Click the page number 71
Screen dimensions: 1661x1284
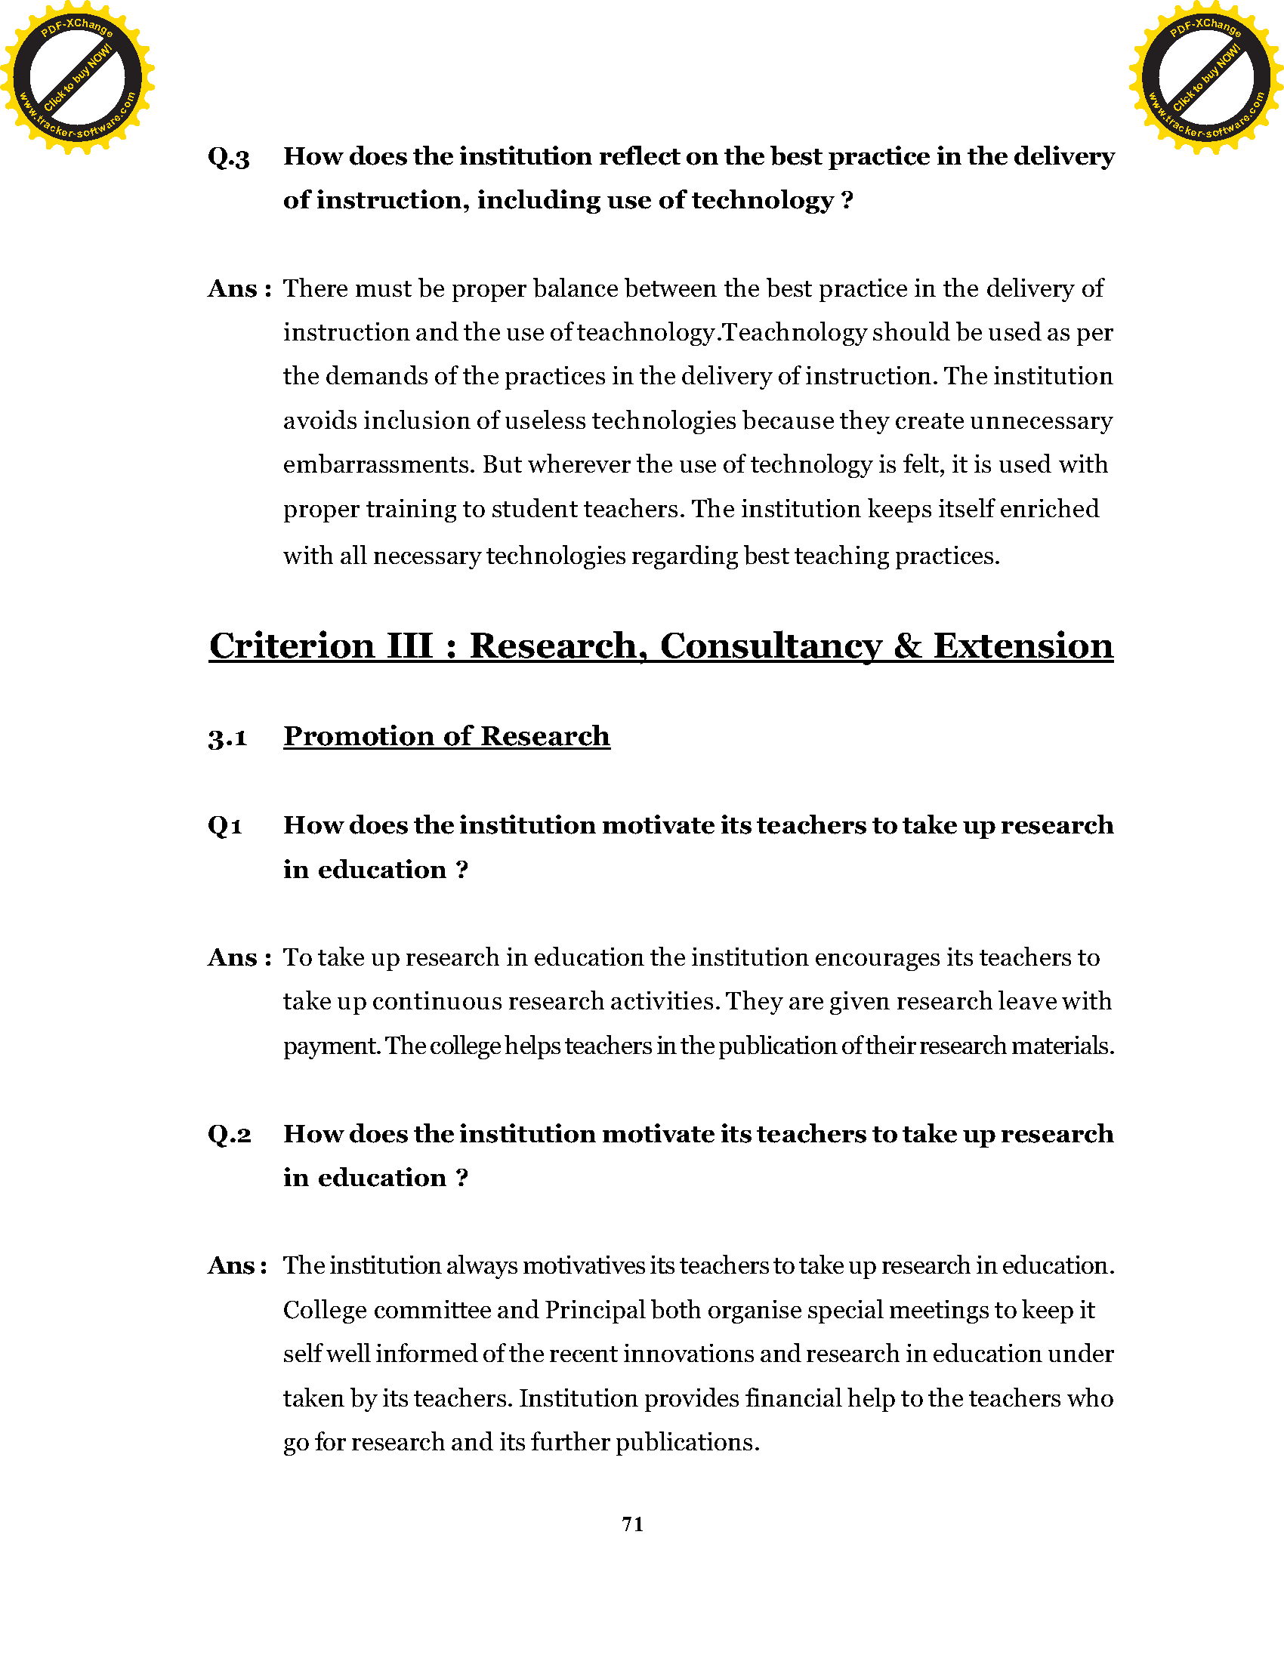click(x=633, y=1524)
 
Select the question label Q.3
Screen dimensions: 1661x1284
click(x=228, y=158)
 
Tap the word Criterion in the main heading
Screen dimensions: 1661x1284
click(x=292, y=646)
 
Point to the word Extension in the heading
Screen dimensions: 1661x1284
click(x=1023, y=646)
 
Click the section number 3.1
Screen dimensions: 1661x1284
click(x=227, y=737)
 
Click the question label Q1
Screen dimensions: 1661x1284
click(x=225, y=826)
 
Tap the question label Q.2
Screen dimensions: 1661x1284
click(x=229, y=1135)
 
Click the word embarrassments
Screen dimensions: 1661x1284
click(x=379, y=464)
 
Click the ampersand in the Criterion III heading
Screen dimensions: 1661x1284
click(x=907, y=646)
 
